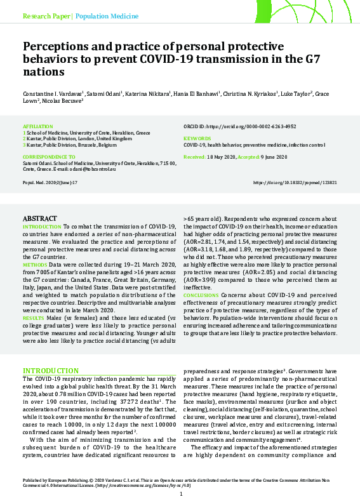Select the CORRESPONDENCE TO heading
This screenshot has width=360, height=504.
click(x=49, y=156)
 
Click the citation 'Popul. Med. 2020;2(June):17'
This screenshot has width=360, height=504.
click(x=50, y=182)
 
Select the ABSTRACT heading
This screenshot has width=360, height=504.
click(x=39, y=218)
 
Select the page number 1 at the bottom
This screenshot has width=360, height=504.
click(x=180, y=494)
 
